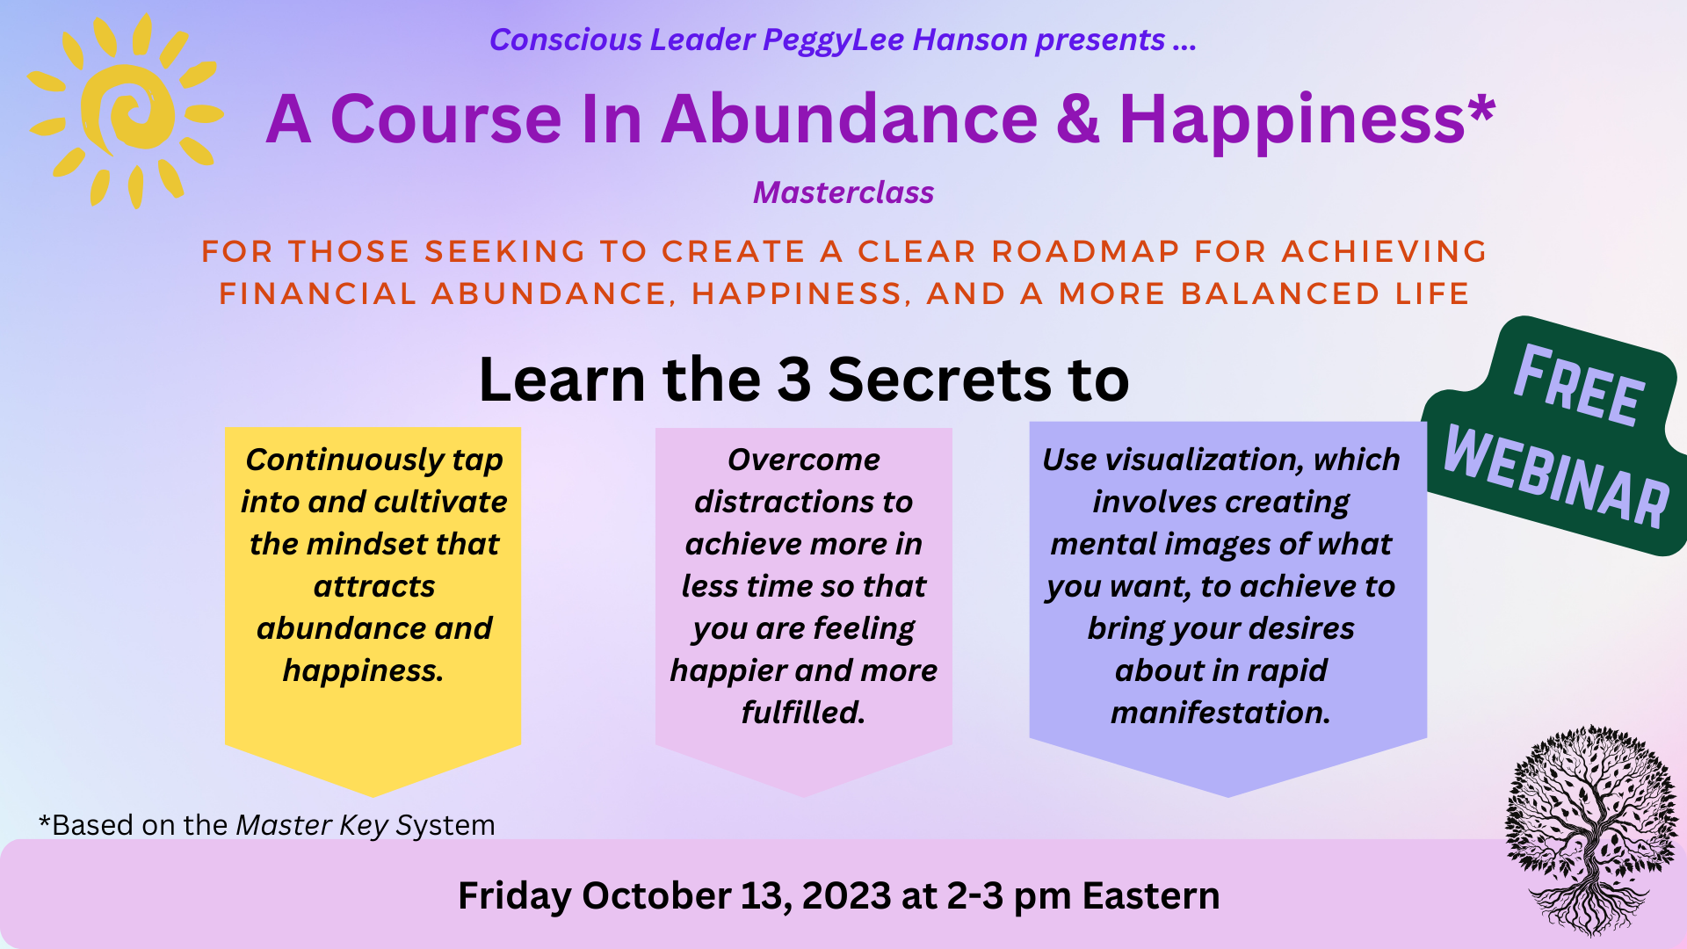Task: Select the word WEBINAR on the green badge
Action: tap(1556, 475)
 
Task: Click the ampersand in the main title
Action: tap(1078, 119)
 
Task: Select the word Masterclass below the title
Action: tap(843, 192)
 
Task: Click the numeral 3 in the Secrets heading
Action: tap(793, 380)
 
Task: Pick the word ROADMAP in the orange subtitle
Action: tap(1086, 251)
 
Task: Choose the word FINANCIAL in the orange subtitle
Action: tap(318, 293)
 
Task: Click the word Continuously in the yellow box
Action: tap(344, 460)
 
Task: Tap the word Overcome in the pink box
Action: tap(804, 460)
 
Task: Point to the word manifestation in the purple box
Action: tap(1220, 713)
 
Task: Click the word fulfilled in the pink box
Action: tap(803, 713)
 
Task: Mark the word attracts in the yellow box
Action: tap(374, 586)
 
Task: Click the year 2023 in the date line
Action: tap(847, 896)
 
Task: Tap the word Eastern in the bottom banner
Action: tap(1151, 896)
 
